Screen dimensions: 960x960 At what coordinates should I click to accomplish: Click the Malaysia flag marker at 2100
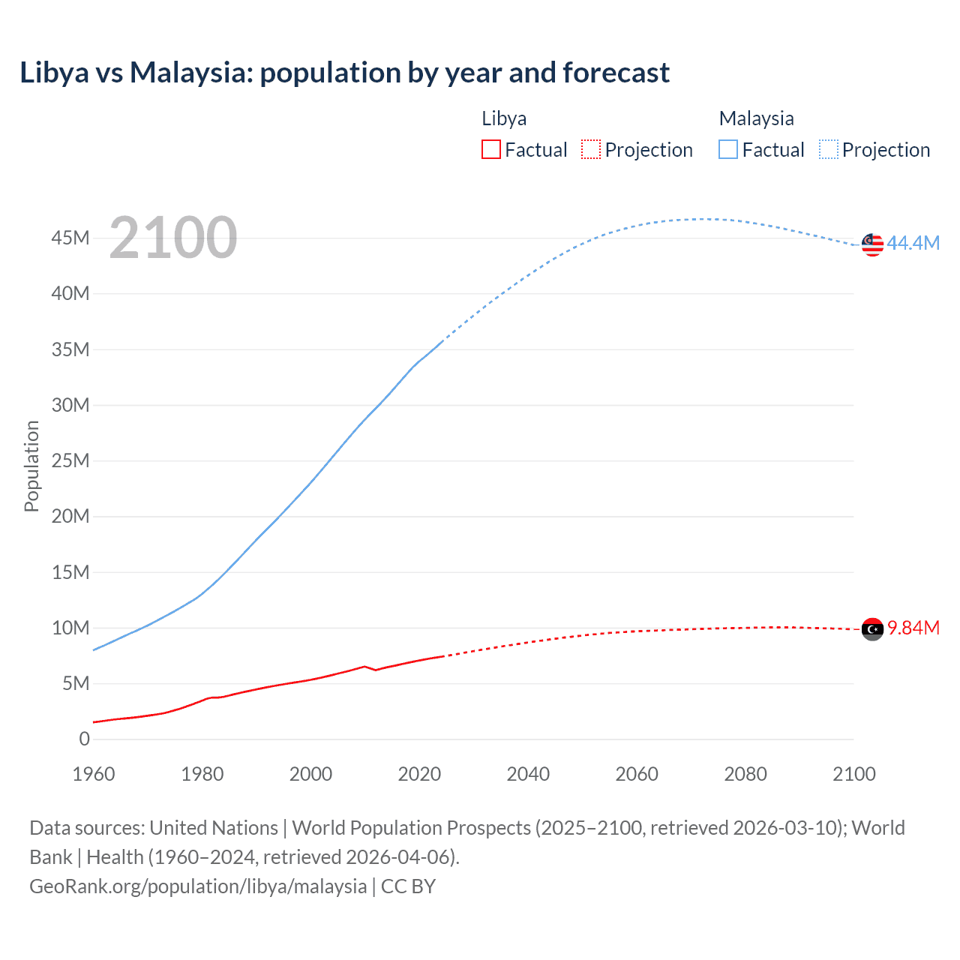[872, 244]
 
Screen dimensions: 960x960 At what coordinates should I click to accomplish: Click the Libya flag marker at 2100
[872, 629]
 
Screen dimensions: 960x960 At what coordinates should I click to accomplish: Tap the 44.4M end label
[913, 243]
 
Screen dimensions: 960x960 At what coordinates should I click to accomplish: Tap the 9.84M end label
[913, 628]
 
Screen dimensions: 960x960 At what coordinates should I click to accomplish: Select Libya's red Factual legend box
[490, 149]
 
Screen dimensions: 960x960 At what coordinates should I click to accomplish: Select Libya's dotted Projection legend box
[591, 149]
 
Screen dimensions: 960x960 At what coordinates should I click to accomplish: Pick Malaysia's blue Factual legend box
[728, 149]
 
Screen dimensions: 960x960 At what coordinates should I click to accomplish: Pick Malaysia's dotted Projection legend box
[828, 149]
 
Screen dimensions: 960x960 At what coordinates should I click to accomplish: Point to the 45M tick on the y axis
[70, 238]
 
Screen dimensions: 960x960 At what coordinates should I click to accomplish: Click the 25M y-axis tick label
[70, 460]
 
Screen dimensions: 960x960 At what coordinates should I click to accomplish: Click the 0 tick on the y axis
[84, 739]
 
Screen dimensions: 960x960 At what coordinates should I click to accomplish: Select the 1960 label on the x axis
[94, 774]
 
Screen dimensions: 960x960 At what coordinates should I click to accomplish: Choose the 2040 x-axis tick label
[528, 774]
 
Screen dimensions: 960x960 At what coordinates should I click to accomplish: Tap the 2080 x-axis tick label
[745, 774]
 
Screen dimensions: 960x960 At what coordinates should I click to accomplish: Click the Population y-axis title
[31, 466]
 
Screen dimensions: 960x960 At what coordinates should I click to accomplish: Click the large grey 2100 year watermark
[173, 238]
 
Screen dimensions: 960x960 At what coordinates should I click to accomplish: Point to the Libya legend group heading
[504, 118]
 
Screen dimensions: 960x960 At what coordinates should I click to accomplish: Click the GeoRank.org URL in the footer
[198, 886]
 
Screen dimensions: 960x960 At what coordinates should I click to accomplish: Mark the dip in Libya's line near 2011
[375, 670]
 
